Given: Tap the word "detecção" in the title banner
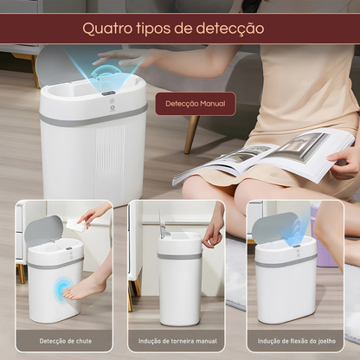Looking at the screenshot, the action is [x=230, y=29].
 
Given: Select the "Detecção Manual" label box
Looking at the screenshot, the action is [x=196, y=104].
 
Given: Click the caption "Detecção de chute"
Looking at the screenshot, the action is [x=66, y=341].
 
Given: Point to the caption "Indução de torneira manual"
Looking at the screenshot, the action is [x=177, y=341].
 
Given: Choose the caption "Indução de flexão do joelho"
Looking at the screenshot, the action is [x=297, y=341].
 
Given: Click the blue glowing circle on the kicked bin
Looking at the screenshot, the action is [x=62, y=289].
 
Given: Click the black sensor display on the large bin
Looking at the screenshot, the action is [x=108, y=93].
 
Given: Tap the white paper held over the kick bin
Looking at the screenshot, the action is [x=77, y=224].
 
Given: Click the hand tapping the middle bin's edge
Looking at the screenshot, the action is [x=212, y=231].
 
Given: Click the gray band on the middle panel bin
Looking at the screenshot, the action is [x=179, y=256].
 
